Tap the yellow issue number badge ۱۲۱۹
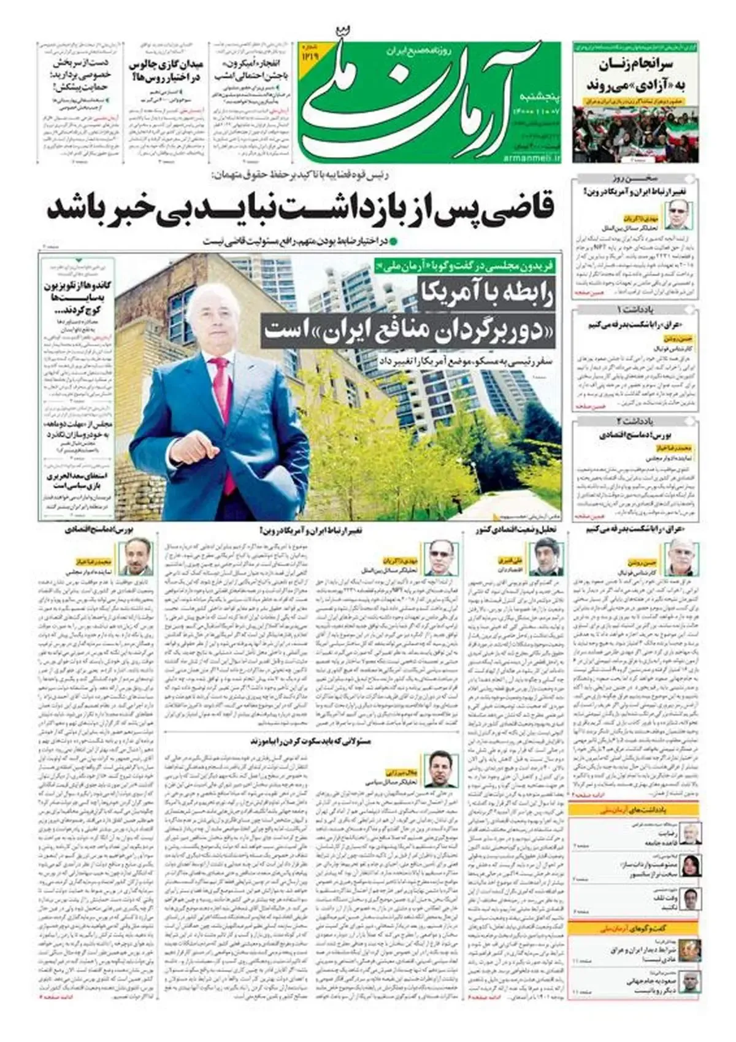pyautogui.click(x=308, y=53)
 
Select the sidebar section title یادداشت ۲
pyautogui.click(x=635, y=422)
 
